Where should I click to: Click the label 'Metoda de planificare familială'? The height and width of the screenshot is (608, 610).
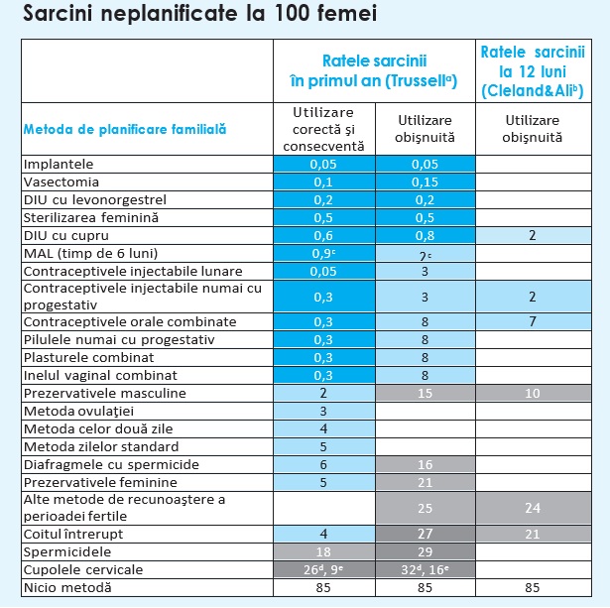126,128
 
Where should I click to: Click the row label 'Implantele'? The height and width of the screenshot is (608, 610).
59,163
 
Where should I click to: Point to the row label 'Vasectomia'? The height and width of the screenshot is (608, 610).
61,182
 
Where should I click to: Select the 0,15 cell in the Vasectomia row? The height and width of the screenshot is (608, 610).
425,182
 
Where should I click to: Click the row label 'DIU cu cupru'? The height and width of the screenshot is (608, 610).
65,235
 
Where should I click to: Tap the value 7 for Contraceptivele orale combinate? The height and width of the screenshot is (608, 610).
533,321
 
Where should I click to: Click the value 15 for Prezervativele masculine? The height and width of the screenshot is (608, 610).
425,393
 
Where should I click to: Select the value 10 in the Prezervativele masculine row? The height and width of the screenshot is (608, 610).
533,393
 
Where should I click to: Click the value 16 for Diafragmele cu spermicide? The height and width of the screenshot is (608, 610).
425,464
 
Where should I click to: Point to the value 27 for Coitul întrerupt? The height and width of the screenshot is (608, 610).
425,534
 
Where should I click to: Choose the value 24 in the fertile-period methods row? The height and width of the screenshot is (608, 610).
533,509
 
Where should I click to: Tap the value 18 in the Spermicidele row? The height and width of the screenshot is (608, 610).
324,551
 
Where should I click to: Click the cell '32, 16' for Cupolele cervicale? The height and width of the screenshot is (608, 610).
425,569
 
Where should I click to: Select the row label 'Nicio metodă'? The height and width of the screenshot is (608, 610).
67,588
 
